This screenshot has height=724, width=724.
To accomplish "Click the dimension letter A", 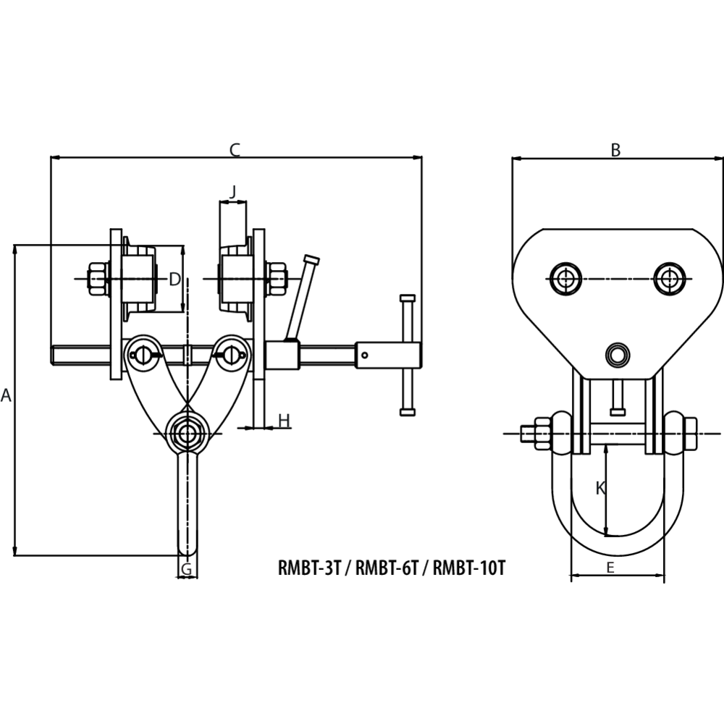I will click(x=7, y=396).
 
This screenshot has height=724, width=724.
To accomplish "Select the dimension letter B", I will click(x=615, y=150).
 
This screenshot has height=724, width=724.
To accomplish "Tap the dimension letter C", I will click(x=235, y=150).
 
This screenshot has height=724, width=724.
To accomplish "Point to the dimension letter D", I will click(x=174, y=279).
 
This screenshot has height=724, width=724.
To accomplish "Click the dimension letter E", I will click(x=610, y=568).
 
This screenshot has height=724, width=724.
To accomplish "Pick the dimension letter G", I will click(x=187, y=570).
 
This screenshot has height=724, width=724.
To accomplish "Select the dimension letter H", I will click(x=284, y=420).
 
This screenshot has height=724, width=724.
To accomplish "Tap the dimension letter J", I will click(x=232, y=192).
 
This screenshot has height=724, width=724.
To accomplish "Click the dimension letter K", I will click(x=600, y=489).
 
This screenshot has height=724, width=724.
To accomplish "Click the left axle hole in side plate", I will click(x=565, y=279).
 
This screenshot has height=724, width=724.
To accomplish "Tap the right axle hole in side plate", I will click(x=669, y=279).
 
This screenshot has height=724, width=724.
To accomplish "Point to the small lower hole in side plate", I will click(x=618, y=355).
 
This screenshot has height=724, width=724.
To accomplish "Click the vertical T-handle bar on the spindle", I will click(x=408, y=355).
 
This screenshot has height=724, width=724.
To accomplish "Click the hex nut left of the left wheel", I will click(x=96, y=279).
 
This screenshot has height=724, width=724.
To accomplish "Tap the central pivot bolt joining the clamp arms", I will click(x=188, y=434).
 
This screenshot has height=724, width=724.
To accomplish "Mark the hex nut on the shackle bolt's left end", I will click(x=540, y=434).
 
